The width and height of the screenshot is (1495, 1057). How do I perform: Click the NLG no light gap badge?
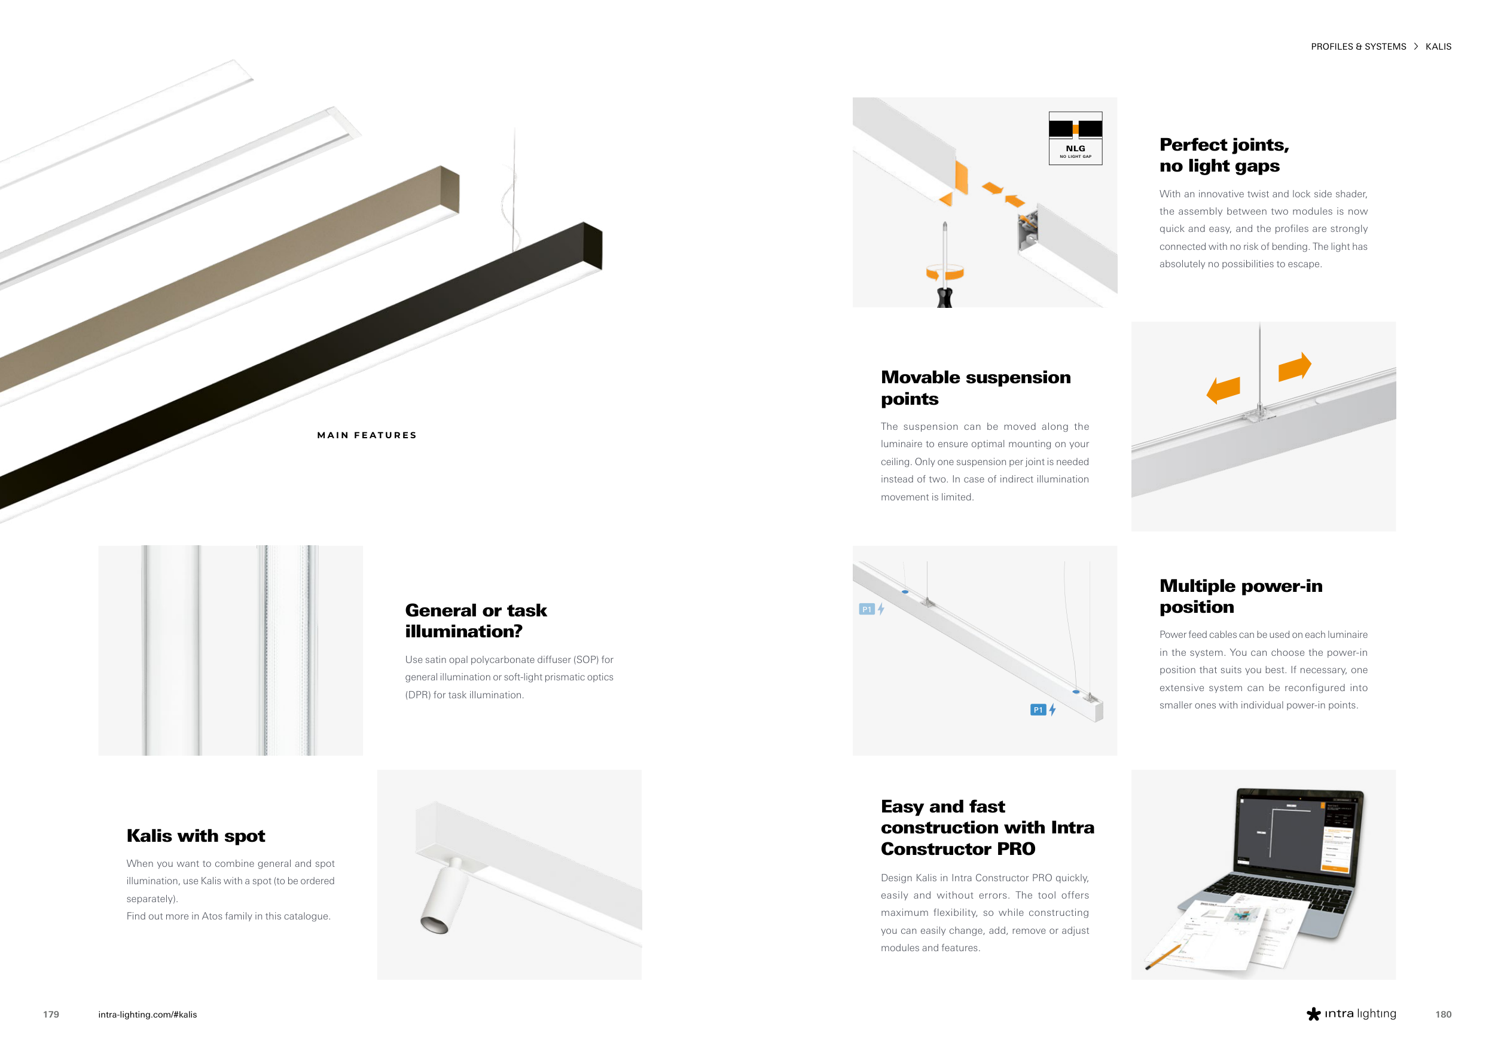(x=1075, y=138)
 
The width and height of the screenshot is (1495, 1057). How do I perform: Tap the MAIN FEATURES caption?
(x=367, y=435)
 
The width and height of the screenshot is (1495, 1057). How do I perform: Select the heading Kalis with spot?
(x=196, y=836)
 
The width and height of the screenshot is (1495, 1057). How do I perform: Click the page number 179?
(x=51, y=1014)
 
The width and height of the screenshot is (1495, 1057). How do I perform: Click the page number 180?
(x=1443, y=1014)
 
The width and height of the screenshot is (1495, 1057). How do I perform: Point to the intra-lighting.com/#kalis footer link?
(x=147, y=1014)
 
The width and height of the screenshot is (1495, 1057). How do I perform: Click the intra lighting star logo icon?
(x=1313, y=1014)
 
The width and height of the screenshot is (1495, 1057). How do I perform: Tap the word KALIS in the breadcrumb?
(x=1438, y=47)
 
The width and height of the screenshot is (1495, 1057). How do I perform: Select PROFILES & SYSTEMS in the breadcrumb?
(x=1358, y=47)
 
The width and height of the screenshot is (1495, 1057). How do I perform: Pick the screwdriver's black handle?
(x=944, y=297)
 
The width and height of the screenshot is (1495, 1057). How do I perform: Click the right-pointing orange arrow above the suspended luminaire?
(x=1295, y=368)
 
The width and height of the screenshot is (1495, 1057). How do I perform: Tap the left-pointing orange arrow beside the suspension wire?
(x=1223, y=390)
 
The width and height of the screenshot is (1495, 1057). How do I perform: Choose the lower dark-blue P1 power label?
(x=1038, y=710)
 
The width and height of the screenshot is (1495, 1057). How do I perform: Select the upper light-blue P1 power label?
(x=866, y=609)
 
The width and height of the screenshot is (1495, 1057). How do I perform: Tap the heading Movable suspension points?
(x=975, y=388)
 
